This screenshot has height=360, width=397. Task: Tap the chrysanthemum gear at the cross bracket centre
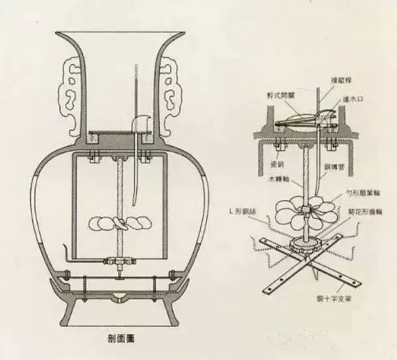(x=304, y=246)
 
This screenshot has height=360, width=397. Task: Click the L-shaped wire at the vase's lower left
(x=67, y=255)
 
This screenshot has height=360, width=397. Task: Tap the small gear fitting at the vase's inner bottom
(x=118, y=263)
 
